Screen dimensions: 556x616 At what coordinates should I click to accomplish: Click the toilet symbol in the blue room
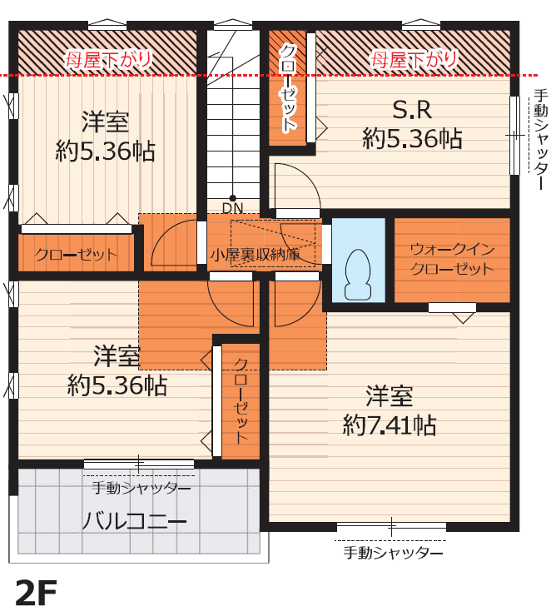358,275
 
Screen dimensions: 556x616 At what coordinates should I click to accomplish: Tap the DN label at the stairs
232,209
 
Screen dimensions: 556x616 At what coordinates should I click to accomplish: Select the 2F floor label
36,594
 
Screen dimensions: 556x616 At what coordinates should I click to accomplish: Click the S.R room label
412,110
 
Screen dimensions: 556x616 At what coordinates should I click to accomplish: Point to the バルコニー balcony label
134,521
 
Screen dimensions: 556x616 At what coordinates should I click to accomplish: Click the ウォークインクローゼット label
452,259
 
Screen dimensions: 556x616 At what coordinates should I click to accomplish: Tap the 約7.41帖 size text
390,425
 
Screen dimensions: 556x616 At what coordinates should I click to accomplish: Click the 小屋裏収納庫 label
256,256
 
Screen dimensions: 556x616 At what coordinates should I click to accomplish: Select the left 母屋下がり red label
108,60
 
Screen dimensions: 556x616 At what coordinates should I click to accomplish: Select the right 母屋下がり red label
415,60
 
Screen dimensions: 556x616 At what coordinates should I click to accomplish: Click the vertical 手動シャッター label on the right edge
541,140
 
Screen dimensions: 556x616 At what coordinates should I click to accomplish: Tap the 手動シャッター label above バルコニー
141,489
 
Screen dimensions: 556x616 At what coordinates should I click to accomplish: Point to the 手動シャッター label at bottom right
393,553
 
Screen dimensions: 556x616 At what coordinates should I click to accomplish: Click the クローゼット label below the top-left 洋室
77,256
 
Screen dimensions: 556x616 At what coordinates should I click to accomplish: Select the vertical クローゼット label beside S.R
288,88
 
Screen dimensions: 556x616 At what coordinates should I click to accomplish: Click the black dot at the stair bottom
232,198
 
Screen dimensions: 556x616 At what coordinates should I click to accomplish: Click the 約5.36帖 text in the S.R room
412,138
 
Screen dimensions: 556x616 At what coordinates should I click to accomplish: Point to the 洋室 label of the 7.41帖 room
390,396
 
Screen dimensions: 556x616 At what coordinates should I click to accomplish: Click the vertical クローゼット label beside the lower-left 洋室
241,400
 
